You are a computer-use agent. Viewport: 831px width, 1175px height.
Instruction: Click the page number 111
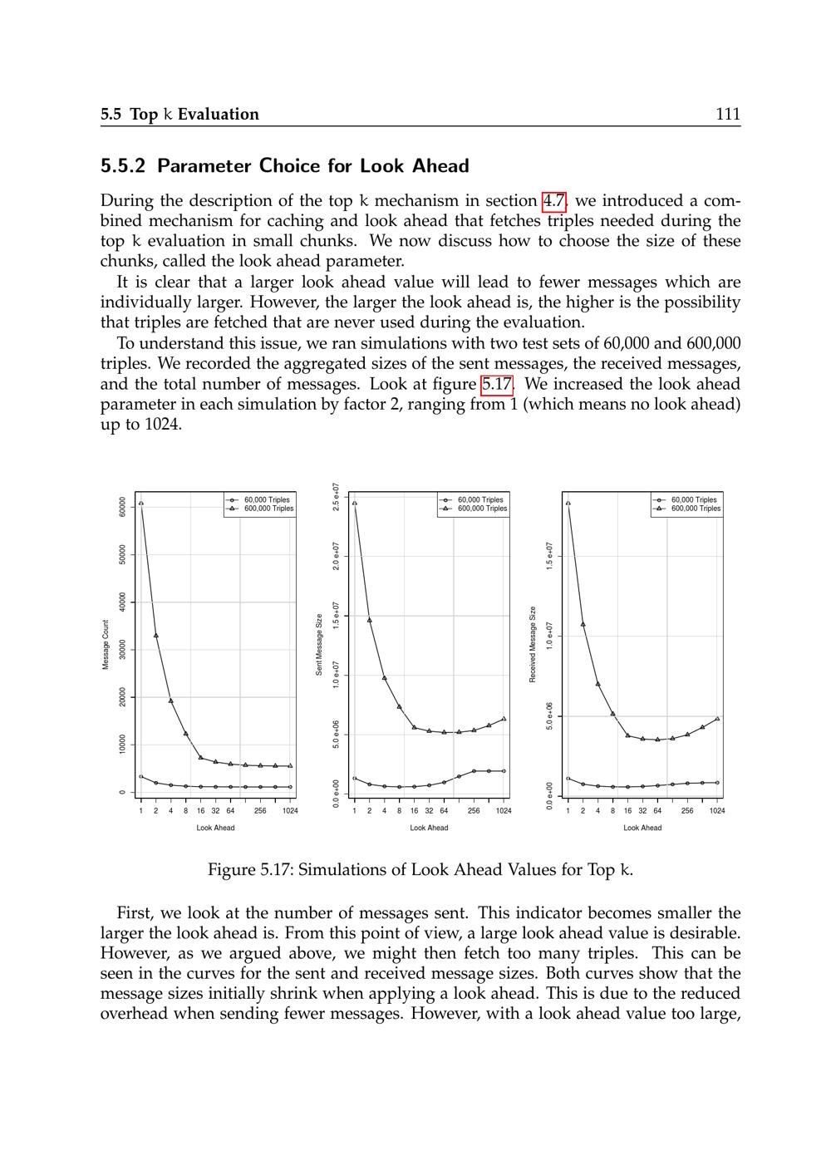click(x=727, y=114)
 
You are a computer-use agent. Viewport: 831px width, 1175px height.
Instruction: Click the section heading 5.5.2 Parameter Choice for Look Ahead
click(x=284, y=166)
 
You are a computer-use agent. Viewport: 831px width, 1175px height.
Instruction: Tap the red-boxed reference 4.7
click(x=554, y=201)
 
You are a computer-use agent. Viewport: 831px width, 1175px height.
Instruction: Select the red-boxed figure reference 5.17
click(x=498, y=385)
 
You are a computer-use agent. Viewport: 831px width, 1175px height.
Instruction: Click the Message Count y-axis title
click(x=106, y=645)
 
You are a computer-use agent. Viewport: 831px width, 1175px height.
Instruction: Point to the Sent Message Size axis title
click(x=319, y=645)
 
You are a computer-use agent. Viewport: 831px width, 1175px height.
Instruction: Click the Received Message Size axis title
click(x=533, y=645)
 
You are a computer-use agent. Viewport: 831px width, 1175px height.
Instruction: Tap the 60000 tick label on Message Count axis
click(x=122, y=507)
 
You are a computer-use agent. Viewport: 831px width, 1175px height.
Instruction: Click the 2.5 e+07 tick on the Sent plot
click(x=336, y=497)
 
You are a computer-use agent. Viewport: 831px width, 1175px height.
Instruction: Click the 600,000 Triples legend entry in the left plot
click(x=268, y=509)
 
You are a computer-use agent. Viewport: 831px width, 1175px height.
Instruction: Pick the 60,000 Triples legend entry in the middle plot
click(x=479, y=499)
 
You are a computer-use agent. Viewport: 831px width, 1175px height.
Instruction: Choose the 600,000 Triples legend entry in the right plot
click(x=696, y=509)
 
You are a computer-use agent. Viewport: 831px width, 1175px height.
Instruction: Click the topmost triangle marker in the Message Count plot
click(x=141, y=503)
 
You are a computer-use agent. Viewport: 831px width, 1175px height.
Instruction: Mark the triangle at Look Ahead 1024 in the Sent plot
click(x=504, y=719)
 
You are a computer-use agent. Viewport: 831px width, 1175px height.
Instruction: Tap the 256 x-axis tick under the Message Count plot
click(x=260, y=810)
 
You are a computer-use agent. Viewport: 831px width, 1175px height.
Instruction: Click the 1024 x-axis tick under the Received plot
click(x=716, y=810)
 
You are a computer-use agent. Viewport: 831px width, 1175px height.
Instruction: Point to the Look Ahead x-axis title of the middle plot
click(x=429, y=828)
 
